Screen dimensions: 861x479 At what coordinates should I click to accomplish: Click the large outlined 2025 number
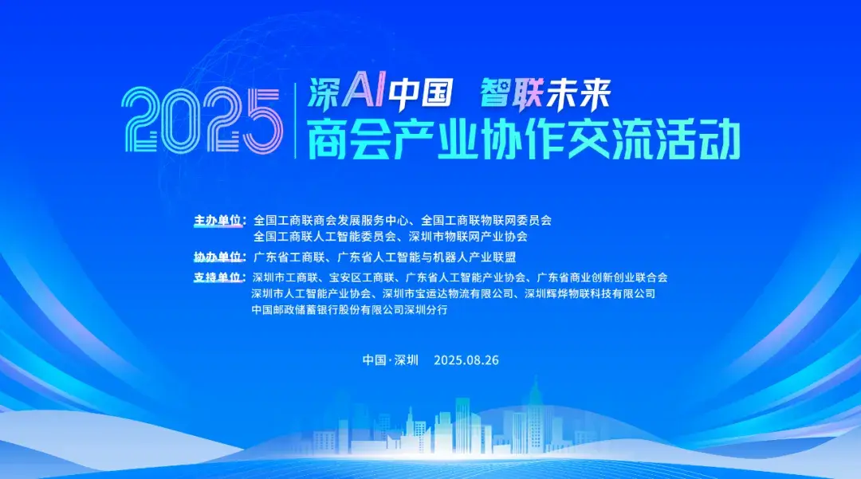click(x=201, y=120)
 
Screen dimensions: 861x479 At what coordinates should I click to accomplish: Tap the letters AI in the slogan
click(x=363, y=92)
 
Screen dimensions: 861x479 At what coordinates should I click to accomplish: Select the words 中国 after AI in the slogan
click(x=420, y=92)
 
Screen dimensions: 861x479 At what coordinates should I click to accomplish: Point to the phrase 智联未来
click(x=545, y=94)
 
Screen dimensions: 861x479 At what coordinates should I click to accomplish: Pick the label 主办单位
click(x=218, y=221)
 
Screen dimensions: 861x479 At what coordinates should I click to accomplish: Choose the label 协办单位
click(x=218, y=257)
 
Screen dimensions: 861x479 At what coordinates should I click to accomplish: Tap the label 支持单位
click(x=218, y=277)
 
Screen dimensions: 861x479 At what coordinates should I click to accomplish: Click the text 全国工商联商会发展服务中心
click(x=331, y=221)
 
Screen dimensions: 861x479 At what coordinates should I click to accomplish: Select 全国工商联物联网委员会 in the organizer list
click(x=486, y=221)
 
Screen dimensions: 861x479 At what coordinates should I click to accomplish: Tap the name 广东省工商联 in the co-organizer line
click(x=289, y=257)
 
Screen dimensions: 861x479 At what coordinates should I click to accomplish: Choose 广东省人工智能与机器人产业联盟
click(x=426, y=257)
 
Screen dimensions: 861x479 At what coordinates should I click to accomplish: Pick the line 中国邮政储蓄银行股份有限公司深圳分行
click(x=350, y=309)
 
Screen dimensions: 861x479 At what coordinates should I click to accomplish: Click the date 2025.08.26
click(x=466, y=360)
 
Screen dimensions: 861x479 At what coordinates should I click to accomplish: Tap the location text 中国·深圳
click(x=391, y=360)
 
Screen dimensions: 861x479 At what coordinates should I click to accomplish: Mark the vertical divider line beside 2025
click(x=295, y=120)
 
